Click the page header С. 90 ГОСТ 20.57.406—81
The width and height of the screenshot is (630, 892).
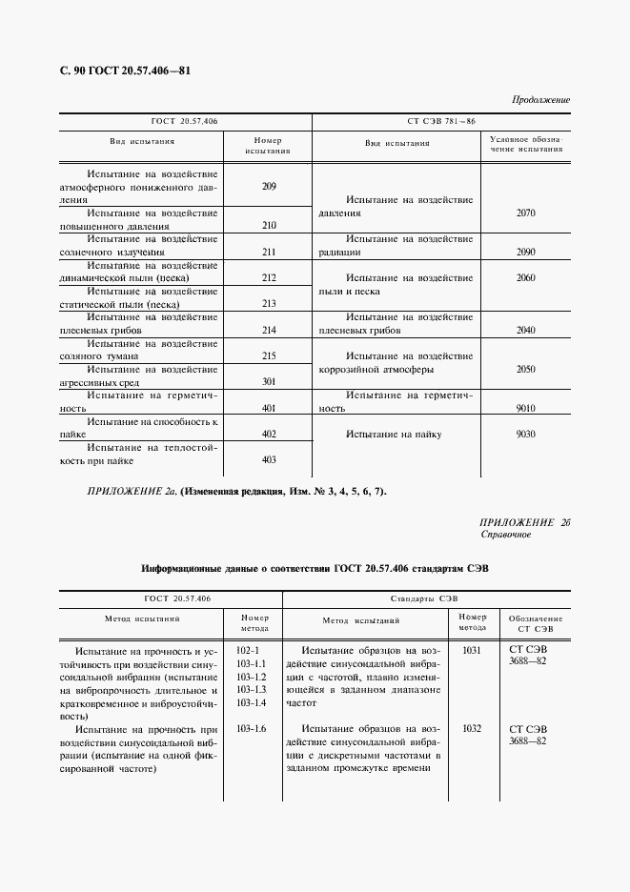pyautogui.click(x=127, y=71)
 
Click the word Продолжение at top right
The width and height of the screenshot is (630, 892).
pyautogui.click(x=540, y=99)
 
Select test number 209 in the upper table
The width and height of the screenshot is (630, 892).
pyautogui.click(x=268, y=186)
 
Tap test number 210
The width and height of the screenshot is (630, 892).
pyautogui.click(x=268, y=226)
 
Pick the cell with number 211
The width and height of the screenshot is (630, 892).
pyautogui.click(x=268, y=252)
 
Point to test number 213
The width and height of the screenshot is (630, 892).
pyautogui.click(x=268, y=303)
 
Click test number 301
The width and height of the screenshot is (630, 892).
pyautogui.click(x=268, y=381)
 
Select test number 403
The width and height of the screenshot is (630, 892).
pyautogui.click(x=268, y=459)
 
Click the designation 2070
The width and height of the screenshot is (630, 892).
pyautogui.click(x=525, y=213)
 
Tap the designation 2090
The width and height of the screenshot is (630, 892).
pyautogui.click(x=525, y=252)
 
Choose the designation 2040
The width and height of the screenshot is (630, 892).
pyautogui.click(x=525, y=330)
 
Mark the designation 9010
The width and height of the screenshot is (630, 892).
pyautogui.click(x=525, y=408)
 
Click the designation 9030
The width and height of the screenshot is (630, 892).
pyautogui.click(x=525, y=434)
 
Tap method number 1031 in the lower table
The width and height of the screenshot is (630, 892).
pyautogui.click(x=472, y=649)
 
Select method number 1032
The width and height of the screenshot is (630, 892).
pyautogui.click(x=472, y=728)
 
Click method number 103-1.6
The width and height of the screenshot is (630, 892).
pyautogui.click(x=252, y=728)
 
